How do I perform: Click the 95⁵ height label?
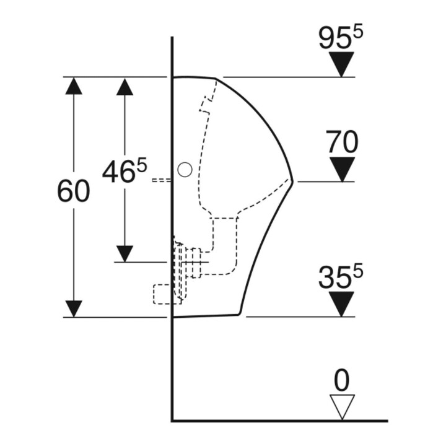[x=341, y=37]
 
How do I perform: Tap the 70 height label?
[x=341, y=142]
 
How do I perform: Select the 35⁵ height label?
[x=341, y=276]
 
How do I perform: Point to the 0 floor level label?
[x=341, y=380]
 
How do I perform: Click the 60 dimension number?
[x=73, y=191]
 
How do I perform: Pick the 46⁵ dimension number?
[x=125, y=170]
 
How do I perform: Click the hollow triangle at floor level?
[x=342, y=407]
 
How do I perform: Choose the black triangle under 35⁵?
[x=341, y=304]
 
